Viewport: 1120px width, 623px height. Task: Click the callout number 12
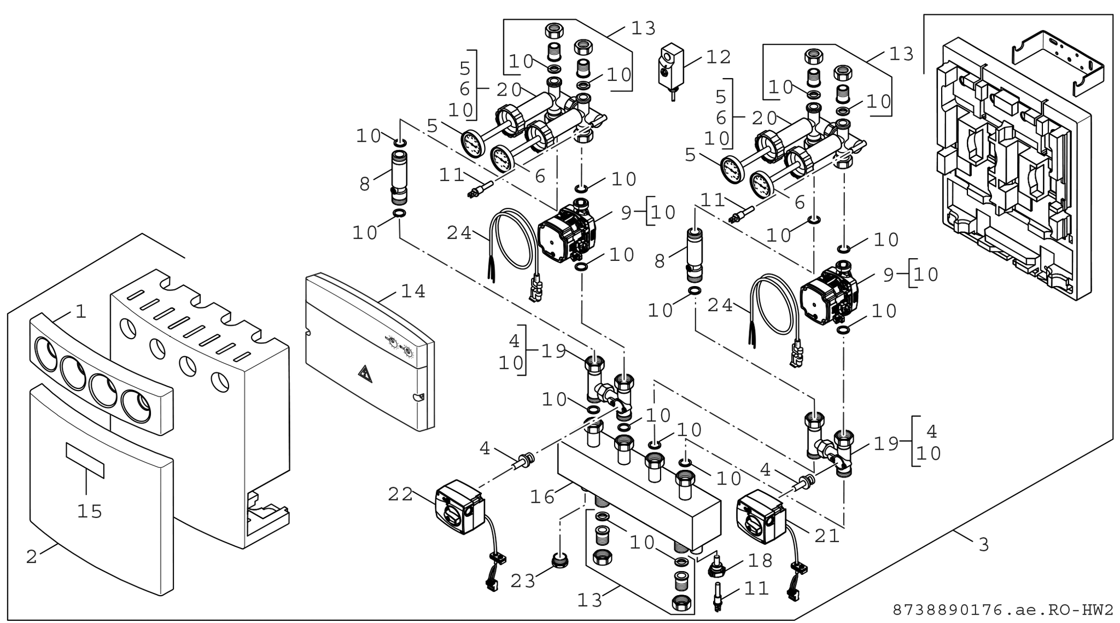pyautogui.click(x=718, y=56)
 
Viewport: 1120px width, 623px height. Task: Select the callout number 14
pyautogui.click(x=412, y=292)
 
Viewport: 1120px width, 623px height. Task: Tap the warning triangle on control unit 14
pyautogui.click(x=363, y=374)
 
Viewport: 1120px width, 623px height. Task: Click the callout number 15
pyautogui.click(x=89, y=511)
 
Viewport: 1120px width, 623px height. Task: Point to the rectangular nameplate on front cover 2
pyautogui.click(x=85, y=460)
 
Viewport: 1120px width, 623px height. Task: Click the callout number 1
pyautogui.click(x=81, y=312)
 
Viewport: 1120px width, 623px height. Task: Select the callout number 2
pyautogui.click(x=32, y=557)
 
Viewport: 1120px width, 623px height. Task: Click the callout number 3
pyautogui.click(x=983, y=545)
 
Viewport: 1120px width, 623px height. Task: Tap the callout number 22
pyautogui.click(x=400, y=494)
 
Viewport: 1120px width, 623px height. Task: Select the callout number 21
pyautogui.click(x=827, y=536)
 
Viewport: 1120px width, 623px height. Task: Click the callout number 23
pyautogui.click(x=522, y=581)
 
